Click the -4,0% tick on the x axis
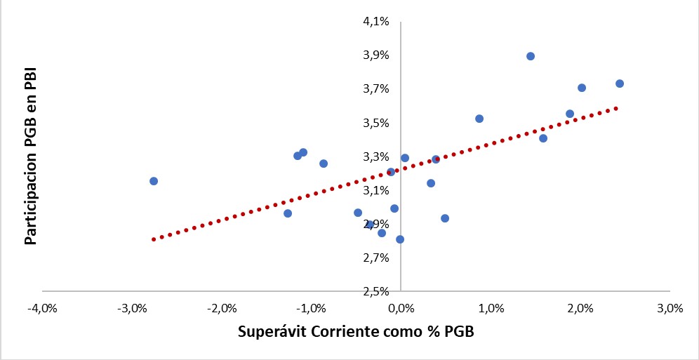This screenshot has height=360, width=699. coord(42,309)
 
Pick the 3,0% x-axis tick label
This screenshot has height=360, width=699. coord(670,309)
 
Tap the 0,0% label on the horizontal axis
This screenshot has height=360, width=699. coord(401,309)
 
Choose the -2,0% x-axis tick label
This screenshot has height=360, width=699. coord(222,309)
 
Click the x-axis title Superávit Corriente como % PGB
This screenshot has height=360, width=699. coord(356,331)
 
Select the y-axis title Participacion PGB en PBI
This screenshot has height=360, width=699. coord(30,156)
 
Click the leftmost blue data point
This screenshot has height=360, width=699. coord(154,181)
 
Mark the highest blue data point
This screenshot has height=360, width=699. coord(531,56)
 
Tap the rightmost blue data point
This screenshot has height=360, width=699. coord(620,84)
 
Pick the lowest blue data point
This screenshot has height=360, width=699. coord(400,239)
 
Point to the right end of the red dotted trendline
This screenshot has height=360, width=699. coord(616,108)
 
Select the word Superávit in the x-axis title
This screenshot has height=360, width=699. coord(269,331)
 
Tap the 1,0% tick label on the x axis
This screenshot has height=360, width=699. coord(491,309)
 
